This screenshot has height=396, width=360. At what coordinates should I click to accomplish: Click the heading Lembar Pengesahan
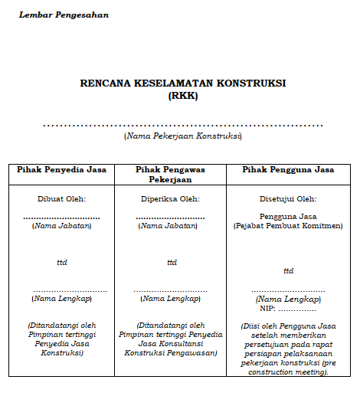64,15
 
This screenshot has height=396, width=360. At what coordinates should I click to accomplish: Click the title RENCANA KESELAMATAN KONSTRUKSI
182,83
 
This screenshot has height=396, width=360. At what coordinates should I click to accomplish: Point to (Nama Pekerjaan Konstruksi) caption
182,136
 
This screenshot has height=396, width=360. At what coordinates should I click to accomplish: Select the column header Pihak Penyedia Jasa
61,169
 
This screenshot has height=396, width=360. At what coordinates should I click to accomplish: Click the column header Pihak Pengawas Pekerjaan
170,174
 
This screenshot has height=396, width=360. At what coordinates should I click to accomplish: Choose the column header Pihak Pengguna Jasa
287,169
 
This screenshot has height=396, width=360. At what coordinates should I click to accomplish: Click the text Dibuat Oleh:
61,198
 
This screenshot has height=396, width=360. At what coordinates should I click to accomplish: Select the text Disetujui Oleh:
288,198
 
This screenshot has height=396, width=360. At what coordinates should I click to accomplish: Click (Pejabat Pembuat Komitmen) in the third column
288,227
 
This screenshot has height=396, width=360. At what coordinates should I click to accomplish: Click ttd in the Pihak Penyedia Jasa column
61,262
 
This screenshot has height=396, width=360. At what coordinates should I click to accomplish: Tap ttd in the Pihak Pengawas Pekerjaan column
172,262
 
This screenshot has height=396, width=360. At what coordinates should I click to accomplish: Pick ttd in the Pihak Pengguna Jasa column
288,270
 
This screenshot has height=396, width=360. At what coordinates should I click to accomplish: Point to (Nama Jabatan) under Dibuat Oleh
61,225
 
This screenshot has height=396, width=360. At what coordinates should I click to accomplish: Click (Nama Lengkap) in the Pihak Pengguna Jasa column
288,299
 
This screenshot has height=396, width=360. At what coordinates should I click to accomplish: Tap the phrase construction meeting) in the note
288,372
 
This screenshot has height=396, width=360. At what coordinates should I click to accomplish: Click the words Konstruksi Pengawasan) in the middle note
170,353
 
